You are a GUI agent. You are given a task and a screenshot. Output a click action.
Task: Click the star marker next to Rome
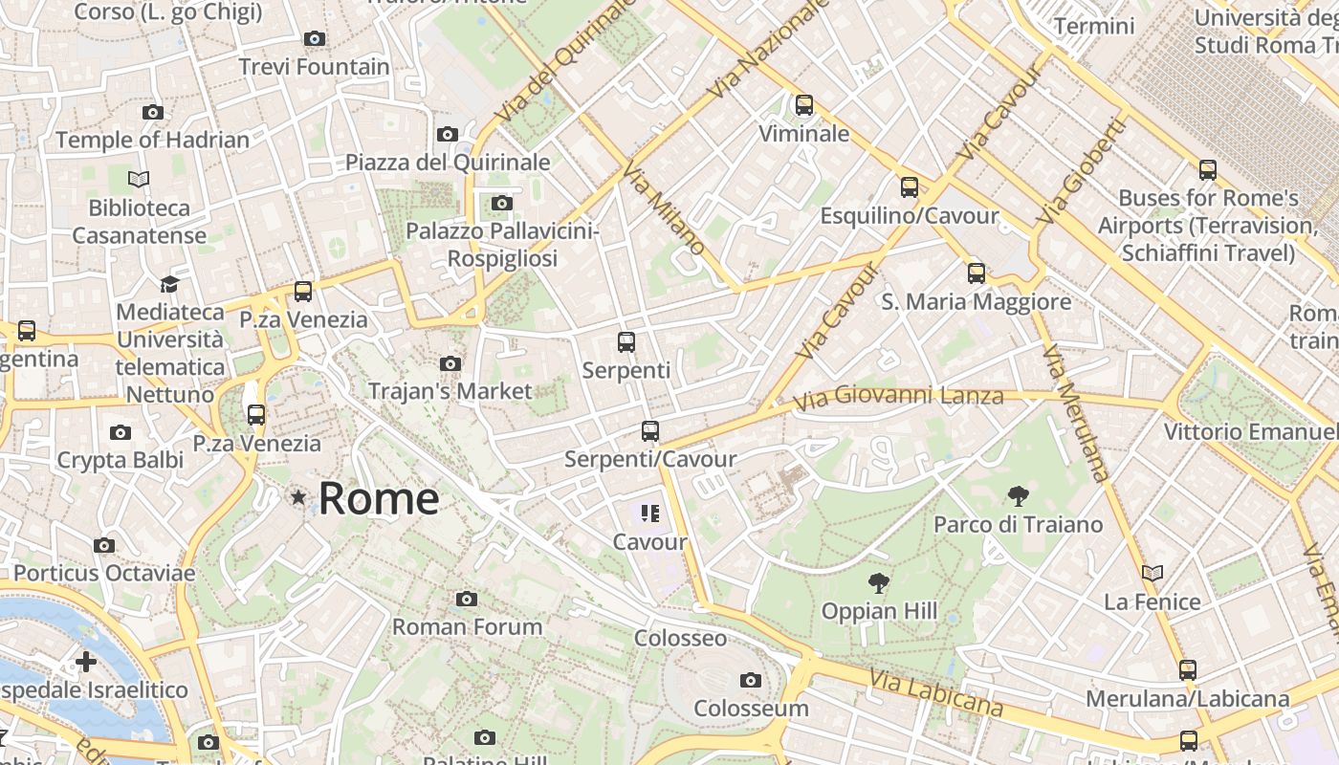click(x=298, y=497)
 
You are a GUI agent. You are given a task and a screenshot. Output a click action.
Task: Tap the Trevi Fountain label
click(x=314, y=67)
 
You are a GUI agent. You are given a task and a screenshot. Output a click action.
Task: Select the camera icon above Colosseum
click(x=751, y=680)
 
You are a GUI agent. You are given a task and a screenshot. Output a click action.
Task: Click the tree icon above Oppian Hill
click(x=878, y=582)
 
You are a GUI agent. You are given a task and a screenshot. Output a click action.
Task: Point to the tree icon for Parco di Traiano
click(x=1018, y=495)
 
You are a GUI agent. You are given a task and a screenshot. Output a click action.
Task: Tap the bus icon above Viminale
click(x=804, y=104)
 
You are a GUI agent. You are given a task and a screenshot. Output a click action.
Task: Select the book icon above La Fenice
click(x=1152, y=573)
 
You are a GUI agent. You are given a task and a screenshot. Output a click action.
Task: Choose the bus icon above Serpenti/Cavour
click(x=650, y=430)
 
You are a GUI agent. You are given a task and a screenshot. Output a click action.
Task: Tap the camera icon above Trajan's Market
click(x=450, y=363)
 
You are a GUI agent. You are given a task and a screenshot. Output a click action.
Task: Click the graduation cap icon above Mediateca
click(x=169, y=284)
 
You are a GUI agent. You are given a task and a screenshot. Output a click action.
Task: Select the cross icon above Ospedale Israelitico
click(x=86, y=661)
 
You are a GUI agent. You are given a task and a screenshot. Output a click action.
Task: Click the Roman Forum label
click(x=467, y=627)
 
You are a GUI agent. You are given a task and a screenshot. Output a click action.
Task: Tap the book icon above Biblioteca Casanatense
click(x=139, y=179)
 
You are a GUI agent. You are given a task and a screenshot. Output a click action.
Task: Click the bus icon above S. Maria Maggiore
click(x=976, y=273)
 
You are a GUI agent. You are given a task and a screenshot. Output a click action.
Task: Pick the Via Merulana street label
click(x=1076, y=411)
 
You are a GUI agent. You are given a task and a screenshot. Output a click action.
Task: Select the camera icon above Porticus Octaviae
click(x=104, y=545)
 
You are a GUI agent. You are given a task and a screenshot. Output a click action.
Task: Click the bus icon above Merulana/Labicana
click(x=1187, y=669)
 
